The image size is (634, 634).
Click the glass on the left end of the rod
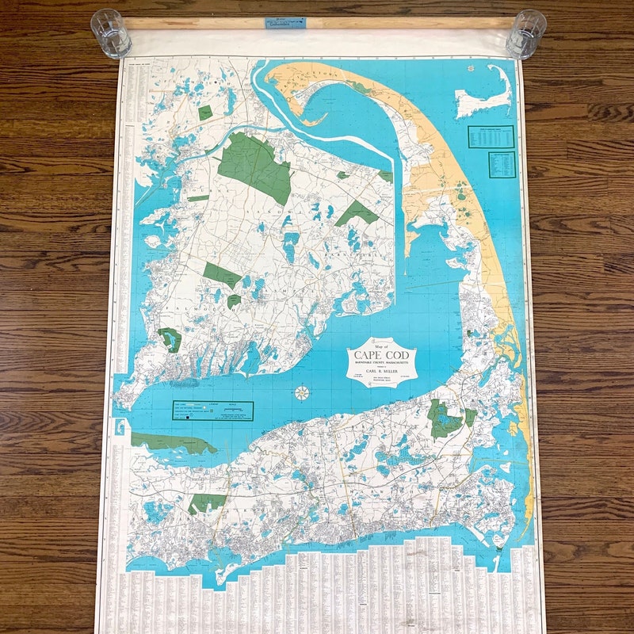pyautogui.click(x=111, y=33)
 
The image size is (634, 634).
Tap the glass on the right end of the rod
pyautogui.click(x=525, y=33)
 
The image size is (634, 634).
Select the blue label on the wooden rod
pyautogui.click(x=285, y=23)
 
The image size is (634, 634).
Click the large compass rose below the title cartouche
pyautogui.click(x=302, y=392)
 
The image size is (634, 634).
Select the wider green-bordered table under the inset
pyautogui.click(x=491, y=136)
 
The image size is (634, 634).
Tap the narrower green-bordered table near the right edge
pyautogui.click(x=502, y=164)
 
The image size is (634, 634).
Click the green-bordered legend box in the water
pyautogui.click(x=212, y=411)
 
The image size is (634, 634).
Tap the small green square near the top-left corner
pyautogui.click(x=205, y=113)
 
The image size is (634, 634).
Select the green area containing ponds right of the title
pyautogui.click(x=445, y=418)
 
